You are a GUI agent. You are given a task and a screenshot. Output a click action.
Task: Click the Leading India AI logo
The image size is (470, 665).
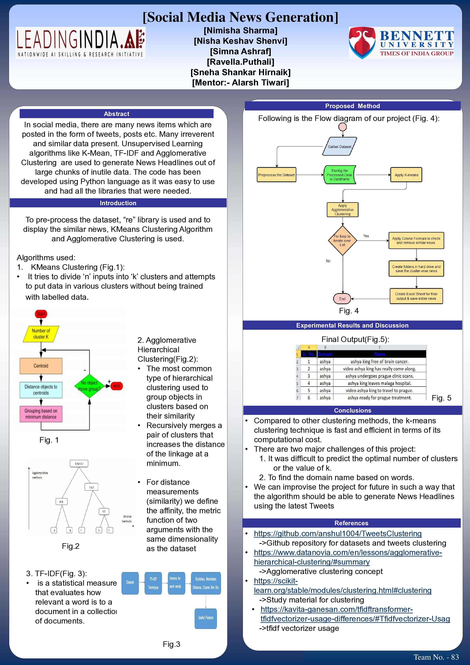coord(80,43)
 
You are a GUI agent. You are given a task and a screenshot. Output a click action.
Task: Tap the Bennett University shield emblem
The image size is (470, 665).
coord(362,43)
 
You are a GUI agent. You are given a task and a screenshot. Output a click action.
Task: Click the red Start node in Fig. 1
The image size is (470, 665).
coord(41,314)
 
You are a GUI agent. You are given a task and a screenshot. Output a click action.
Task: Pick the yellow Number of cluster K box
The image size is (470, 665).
coord(41,334)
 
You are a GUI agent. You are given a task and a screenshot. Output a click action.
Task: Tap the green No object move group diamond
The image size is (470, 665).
coord(89,386)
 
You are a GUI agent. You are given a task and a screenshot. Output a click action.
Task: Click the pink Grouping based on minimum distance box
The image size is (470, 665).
coord(41,414)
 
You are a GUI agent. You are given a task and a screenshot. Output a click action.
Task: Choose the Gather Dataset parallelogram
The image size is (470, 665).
coord(339,147)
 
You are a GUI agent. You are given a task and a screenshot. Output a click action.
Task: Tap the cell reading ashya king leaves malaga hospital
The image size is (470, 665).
coord(380,383)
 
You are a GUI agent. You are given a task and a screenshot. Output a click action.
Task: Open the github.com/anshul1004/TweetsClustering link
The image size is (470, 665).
coord(338,534)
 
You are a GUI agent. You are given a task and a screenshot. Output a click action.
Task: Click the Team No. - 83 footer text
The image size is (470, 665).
coord(436,657)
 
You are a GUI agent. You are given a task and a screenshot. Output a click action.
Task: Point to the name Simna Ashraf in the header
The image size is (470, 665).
coord(241,51)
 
